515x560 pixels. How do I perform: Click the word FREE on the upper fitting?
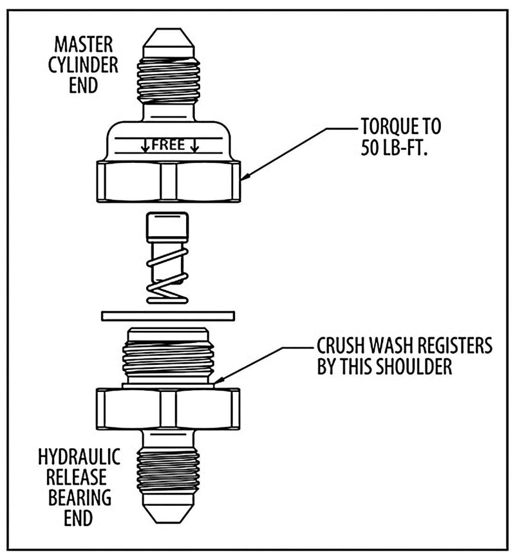[169, 145]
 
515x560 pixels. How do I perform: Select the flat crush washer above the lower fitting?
[167, 315]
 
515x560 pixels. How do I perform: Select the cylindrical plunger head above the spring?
[167, 227]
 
